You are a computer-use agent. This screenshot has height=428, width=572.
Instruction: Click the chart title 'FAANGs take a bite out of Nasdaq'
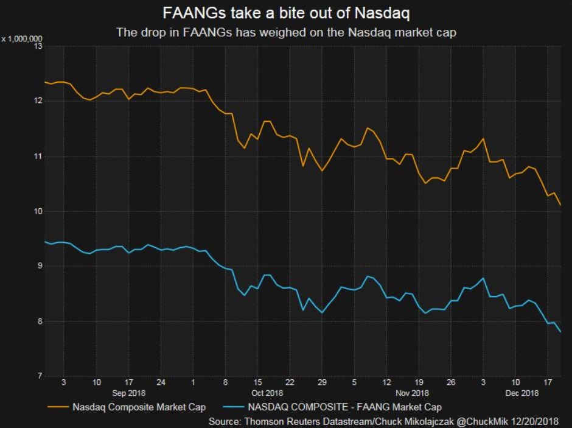pyautogui.click(x=285, y=13)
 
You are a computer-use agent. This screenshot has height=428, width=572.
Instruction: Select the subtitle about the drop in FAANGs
pyautogui.click(x=286, y=32)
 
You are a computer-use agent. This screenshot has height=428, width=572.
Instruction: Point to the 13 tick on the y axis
pyautogui.click(x=38, y=46)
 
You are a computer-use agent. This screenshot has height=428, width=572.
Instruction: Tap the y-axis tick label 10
pyautogui.click(x=38, y=211)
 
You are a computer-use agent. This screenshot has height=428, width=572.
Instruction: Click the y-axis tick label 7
pyautogui.click(x=39, y=376)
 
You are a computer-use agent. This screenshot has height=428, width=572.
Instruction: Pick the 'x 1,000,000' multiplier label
pyautogui.click(x=22, y=39)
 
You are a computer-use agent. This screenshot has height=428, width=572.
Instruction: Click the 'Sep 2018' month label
pyautogui.click(x=128, y=393)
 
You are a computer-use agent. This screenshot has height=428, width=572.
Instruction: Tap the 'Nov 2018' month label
pyautogui.click(x=412, y=393)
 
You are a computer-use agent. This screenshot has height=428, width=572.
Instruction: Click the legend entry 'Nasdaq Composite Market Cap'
pyautogui.click(x=139, y=407)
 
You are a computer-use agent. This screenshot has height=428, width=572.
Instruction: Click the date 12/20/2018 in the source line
pyautogui.click(x=535, y=421)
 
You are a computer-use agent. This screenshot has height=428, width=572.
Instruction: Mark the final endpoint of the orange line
pyautogui.click(x=560, y=206)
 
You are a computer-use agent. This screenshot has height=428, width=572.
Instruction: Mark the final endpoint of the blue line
pyautogui.click(x=560, y=332)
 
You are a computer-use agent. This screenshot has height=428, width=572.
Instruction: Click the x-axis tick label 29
pyautogui.click(x=322, y=383)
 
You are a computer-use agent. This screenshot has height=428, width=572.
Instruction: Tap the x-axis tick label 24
pyautogui.click(x=161, y=383)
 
